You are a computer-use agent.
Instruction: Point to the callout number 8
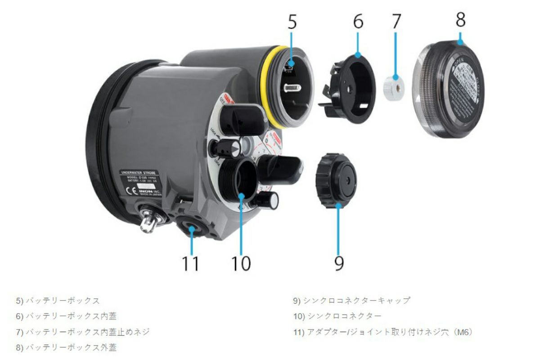[460, 19]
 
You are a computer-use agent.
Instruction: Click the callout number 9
[339, 262]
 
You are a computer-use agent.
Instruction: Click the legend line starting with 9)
[351, 300]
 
